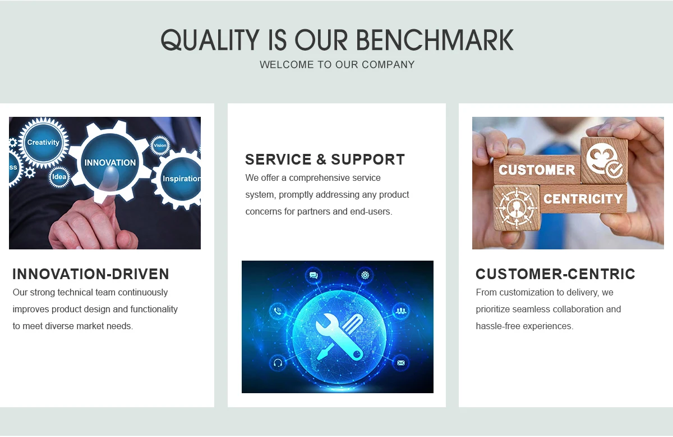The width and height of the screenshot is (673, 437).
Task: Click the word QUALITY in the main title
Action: pos(210,40)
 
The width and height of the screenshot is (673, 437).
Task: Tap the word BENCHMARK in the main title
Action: pos(435,40)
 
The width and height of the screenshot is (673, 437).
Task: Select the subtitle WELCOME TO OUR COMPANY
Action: pos(337,65)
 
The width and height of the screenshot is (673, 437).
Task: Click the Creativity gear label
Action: pos(43,142)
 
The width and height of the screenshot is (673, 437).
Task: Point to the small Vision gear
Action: pos(160,145)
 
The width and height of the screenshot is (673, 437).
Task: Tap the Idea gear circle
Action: pos(59,177)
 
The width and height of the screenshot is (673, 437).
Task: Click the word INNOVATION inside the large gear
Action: pos(110,163)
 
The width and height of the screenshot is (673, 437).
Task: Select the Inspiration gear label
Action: pos(182,179)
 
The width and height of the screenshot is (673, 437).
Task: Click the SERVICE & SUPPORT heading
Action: pos(325,160)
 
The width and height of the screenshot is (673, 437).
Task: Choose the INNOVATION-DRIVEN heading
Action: pos(91,274)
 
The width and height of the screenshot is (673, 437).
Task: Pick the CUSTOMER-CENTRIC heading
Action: pos(555,274)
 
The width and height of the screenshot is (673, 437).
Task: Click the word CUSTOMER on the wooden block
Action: pos(537,170)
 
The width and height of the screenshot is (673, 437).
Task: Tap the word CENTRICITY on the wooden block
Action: pos(583,199)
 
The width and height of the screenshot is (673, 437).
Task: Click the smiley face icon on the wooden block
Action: pos(604,161)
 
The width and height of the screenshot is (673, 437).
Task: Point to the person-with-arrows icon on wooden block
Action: pos(516,207)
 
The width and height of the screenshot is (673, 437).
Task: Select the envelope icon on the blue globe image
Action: pos(401,363)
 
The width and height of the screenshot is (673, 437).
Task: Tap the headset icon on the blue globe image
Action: pos(278,363)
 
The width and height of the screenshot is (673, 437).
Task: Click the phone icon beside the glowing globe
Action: pos(278,311)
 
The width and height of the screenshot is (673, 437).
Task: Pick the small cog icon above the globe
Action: pos(365,275)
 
